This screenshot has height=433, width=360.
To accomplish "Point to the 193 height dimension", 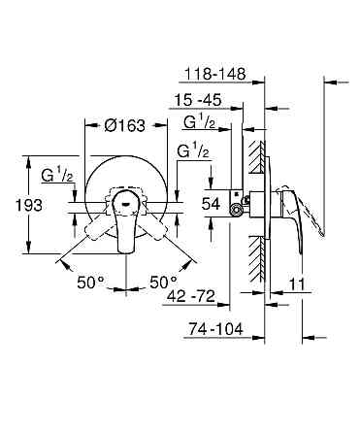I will pos(17,207).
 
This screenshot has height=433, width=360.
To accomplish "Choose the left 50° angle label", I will pos(90,282).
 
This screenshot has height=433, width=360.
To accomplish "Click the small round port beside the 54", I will pos(235,207).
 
